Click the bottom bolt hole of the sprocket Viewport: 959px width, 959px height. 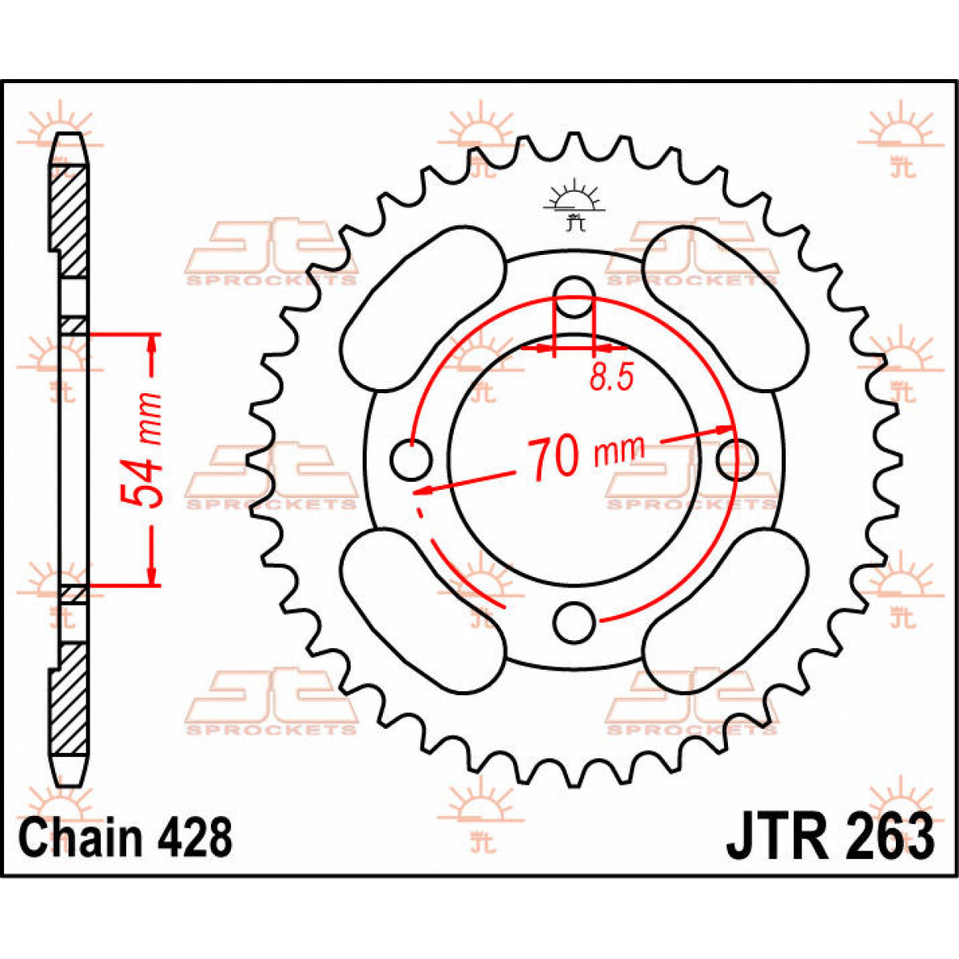(x=575, y=622)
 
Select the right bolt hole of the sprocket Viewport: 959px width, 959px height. (x=736, y=458)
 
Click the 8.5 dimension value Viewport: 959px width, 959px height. (x=611, y=376)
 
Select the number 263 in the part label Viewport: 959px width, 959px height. (x=886, y=837)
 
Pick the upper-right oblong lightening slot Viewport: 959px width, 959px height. (x=726, y=308)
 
